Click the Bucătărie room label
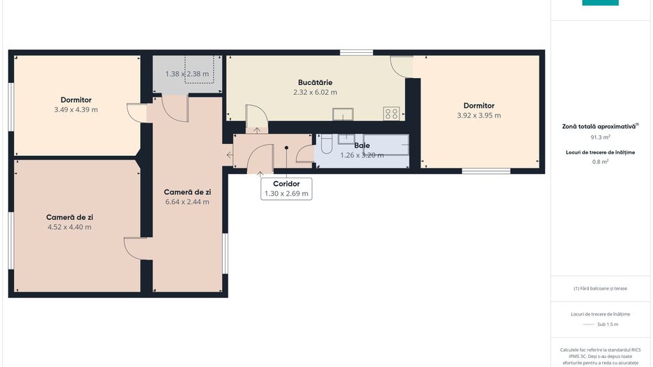(x=315, y=82)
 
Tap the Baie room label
(x=361, y=146)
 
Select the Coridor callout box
(x=286, y=189)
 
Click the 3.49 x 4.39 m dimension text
(x=76, y=109)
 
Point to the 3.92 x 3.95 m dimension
(x=479, y=116)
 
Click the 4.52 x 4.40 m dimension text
(x=70, y=227)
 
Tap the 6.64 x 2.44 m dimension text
(x=187, y=202)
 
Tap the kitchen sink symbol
(x=343, y=114)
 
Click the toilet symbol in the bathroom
(x=326, y=146)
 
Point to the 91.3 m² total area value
(x=600, y=137)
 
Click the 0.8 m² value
(x=600, y=162)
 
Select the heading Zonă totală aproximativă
(x=600, y=126)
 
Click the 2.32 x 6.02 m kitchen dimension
(x=315, y=92)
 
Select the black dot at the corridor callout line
(x=286, y=147)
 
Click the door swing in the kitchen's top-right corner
(x=402, y=66)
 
